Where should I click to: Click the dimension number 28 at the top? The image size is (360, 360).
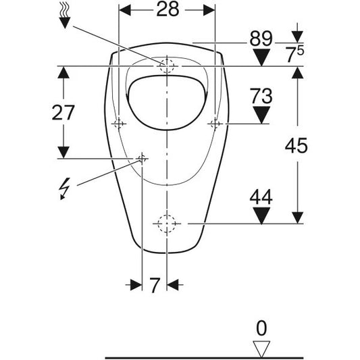(168, 10)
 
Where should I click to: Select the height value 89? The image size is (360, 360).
(261, 38)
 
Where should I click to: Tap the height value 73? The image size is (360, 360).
(261, 96)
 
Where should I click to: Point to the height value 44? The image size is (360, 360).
(261, 197)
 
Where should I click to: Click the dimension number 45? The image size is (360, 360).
(297, 146)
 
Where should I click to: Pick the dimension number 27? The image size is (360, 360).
(63, 113)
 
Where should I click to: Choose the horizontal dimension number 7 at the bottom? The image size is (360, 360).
(155, 285)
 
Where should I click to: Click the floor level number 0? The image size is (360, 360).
(261, 328)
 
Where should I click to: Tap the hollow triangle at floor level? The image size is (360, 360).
(261, 349)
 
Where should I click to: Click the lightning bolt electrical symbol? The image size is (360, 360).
(64, 188)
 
